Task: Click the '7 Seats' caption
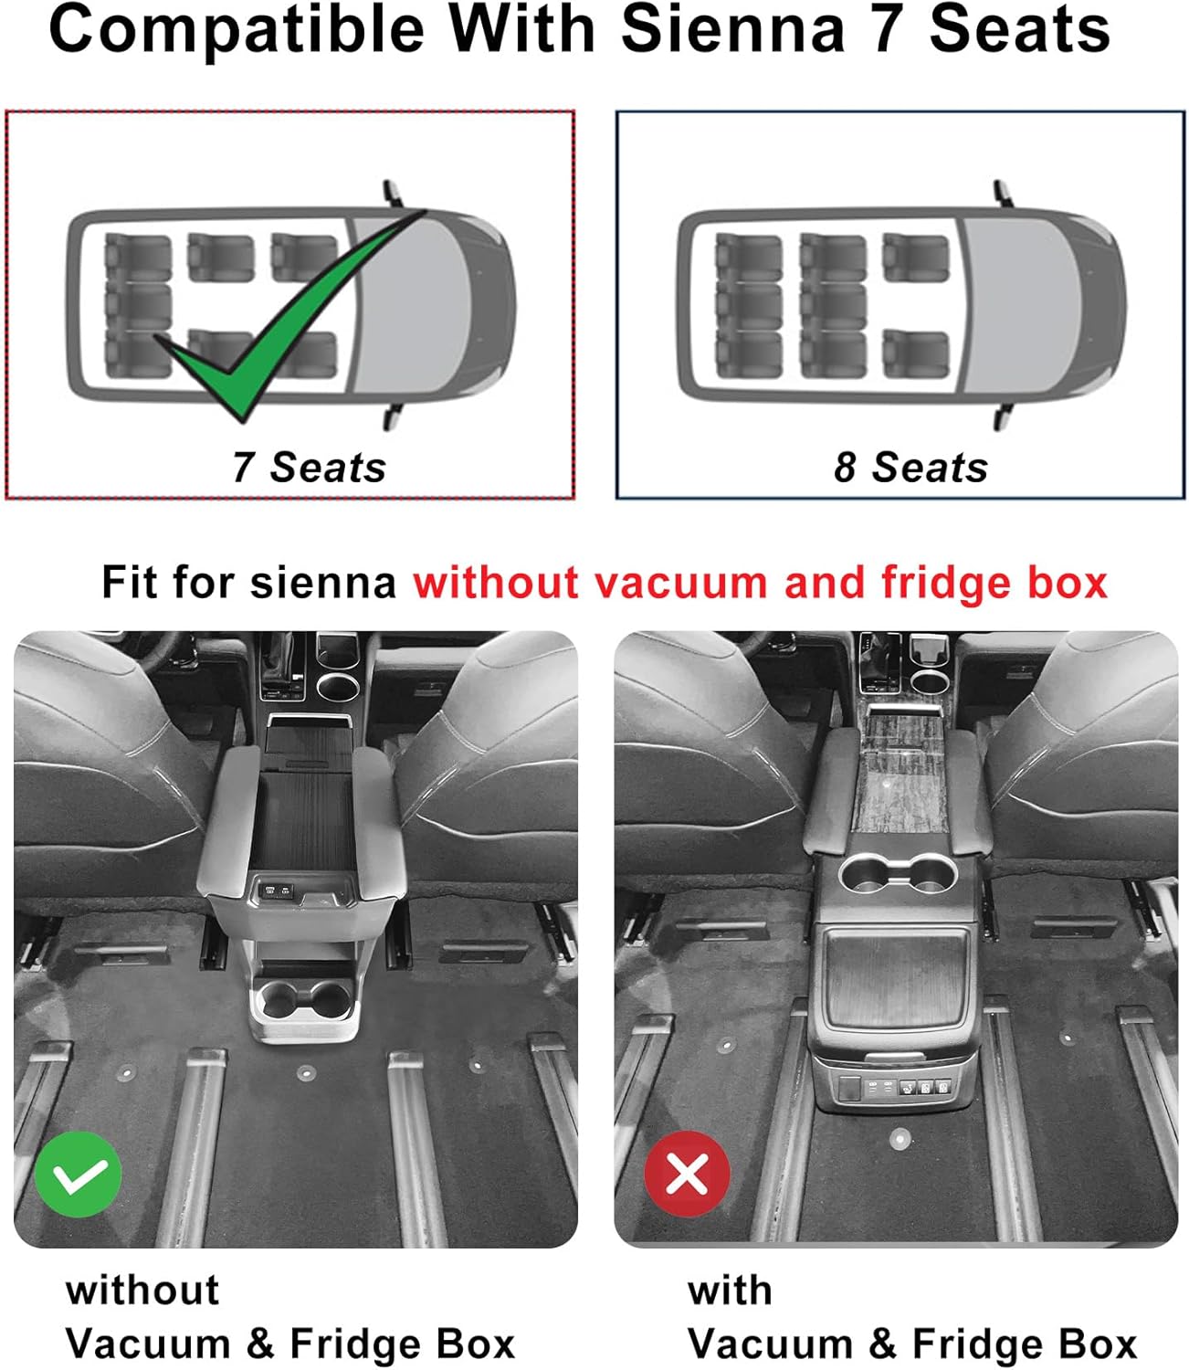309,467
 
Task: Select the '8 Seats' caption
910,467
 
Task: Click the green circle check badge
79,1174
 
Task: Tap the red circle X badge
687,1174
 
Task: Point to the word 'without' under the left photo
142,1291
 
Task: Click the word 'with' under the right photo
730,1291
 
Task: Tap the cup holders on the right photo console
898,876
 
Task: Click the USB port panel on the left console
279,888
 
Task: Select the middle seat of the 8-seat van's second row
832,306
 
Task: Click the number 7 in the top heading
886,29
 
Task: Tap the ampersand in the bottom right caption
882,1344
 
